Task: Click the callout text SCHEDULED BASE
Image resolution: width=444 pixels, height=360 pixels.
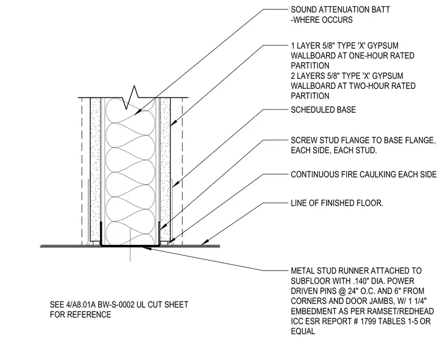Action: coord(323,110)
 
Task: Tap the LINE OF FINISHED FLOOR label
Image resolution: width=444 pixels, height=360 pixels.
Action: coord(337,203)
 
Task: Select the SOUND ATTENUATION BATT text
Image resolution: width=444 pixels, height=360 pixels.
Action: coord(341,9)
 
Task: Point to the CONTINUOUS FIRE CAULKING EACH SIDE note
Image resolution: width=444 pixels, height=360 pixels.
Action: coord(363,175)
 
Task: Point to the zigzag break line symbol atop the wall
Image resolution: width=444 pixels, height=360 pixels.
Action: coord(130,97)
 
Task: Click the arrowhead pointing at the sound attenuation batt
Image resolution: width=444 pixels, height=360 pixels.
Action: coord(137,112)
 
